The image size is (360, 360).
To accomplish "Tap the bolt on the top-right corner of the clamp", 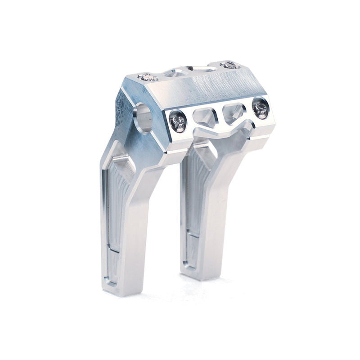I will point(230,65).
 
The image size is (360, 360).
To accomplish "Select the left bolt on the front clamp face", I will point(178,121).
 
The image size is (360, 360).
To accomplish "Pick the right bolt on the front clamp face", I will point(260,108).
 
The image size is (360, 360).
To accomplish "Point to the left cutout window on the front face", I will point(205,117).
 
